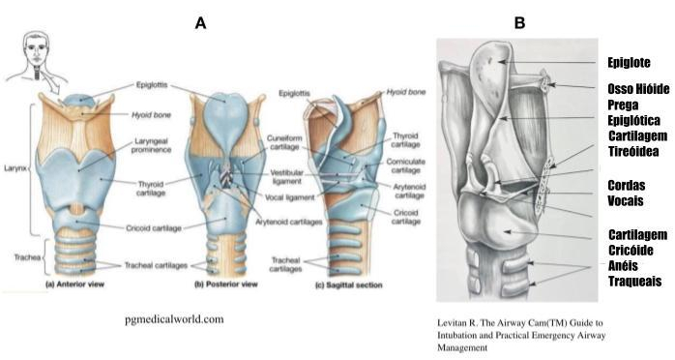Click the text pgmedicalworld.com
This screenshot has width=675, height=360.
point(173,316)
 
